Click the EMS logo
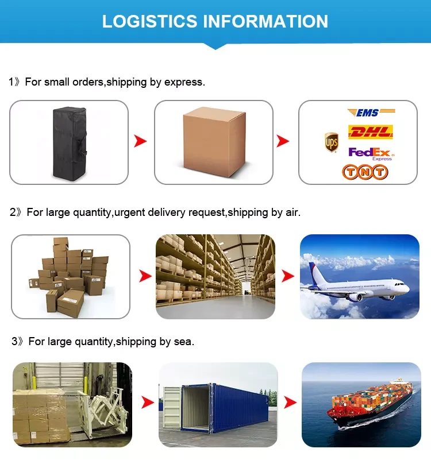click(x=371, y=113)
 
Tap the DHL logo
click(x=371, y=132)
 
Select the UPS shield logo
click(x=332, y=142)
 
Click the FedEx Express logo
click(x=371, y=153)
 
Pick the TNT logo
click(x=365, y=171)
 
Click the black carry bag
click(x=68, y=142)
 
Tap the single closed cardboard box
click(x=213, y=141)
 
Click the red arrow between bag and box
click(x=141, y=141)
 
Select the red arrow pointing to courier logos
click(x=283, y=141)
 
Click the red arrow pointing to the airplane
click(x=287, y=276)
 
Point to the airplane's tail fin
click(x=315, y=273)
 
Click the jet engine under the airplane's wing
click(x=355, y=297)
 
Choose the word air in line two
click(x=292, y=212)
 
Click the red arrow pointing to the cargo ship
click(x=290, y=402)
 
